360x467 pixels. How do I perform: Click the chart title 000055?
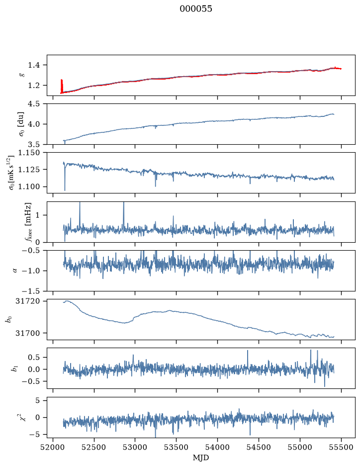click(x=195, y=9)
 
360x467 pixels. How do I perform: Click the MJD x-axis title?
click(x=201, y=458)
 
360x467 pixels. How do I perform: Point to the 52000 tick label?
click(x=53, y=447)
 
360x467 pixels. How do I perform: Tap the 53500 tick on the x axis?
click(x=177, y=447)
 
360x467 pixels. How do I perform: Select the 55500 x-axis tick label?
click(x=341, y=447)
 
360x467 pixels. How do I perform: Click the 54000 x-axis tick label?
click(x=217, y=447)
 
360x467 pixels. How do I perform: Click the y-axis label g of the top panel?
click(x=21, y=75)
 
